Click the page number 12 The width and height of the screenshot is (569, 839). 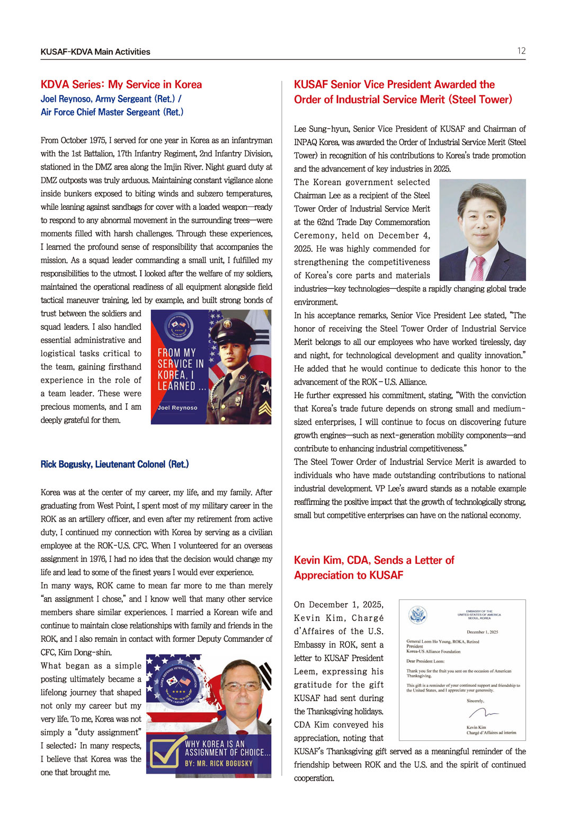(521, 51)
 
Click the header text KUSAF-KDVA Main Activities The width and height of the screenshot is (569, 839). (95, 52)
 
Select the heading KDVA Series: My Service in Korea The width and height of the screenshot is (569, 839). (121, 85)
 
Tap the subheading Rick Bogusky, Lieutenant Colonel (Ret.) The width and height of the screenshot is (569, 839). (114, 464)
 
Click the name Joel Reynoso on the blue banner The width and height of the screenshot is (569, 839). (177, 408)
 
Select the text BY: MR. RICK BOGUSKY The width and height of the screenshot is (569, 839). (219, 764)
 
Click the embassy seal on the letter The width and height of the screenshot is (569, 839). (418, 615)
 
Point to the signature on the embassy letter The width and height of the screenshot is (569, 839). (483, 713)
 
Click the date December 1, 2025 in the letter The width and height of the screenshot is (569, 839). (482, 632)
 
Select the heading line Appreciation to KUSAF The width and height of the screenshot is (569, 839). (349, 576)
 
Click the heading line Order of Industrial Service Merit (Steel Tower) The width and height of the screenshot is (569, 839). (403, 100)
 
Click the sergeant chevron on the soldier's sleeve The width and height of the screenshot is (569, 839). (265, 408)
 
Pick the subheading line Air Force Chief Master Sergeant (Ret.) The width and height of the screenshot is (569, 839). (112, 112)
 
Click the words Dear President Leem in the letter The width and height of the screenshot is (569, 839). (425, 661)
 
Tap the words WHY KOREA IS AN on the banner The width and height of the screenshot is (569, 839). (215, 744)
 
